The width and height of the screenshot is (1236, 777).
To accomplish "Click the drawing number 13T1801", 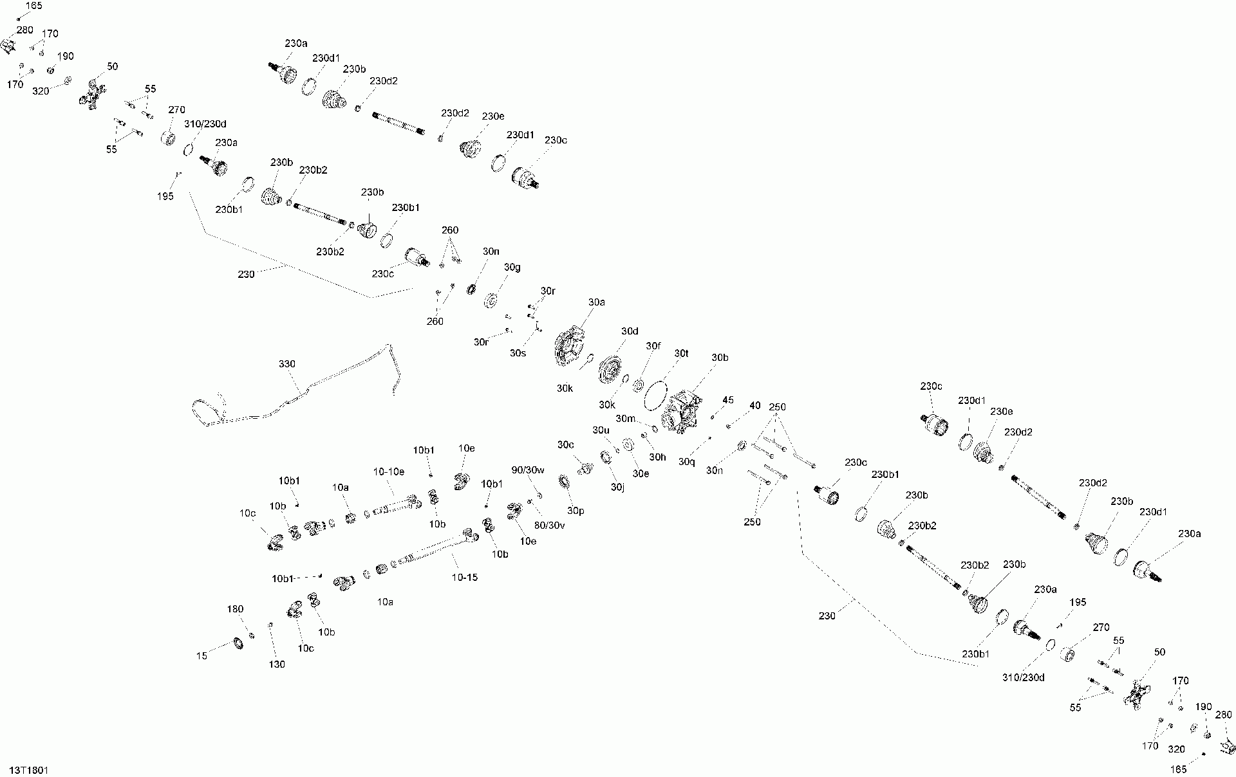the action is click(x=29, y=770).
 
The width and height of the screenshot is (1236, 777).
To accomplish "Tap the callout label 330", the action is click(x=287, y=364).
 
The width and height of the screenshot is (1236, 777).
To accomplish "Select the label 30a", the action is click(x=597, y=302).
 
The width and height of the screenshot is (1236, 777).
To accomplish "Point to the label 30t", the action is click(x=682, y=353).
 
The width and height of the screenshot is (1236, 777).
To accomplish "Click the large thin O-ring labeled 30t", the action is click(x=657, y=394).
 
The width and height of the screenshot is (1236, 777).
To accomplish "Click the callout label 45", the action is click(x=728, y=400).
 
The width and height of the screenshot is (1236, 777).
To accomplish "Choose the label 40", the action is click(x=755, y=406).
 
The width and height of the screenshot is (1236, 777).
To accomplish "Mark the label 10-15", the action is click(x=465, y=577).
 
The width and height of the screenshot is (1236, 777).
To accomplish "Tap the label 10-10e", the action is click(x=389, y=471).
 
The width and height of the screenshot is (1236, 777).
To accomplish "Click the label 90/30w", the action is click(x=528, y=470).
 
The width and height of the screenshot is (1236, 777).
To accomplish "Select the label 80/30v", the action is click(x=550, y=525).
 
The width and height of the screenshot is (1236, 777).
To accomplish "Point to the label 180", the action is click(x=236, y=609).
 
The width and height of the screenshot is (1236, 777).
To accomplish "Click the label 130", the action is click(x=277, y=664).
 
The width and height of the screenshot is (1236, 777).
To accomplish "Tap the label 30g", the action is click(x=512, y=267).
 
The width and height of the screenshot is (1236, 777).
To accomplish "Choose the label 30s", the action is click(x=518, y=352).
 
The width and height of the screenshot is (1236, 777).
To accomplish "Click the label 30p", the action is click(x=576, y=511).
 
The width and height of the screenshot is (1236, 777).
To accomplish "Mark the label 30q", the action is click(x=688, y=461).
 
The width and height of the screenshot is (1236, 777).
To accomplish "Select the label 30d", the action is click(x=630, y=331).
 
